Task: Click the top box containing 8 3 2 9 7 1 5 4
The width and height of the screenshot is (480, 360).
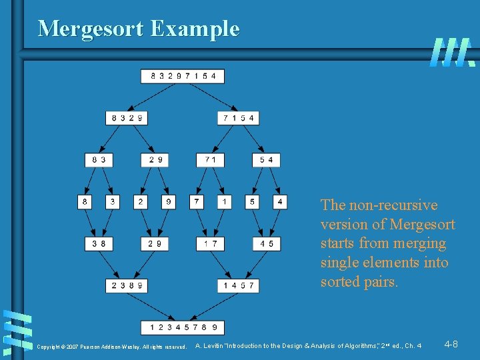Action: coord(183,76)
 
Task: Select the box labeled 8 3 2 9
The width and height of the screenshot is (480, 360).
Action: coord(127,118)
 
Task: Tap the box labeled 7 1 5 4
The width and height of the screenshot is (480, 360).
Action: coord(239,118)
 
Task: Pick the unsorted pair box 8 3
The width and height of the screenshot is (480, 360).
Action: coord(99,160)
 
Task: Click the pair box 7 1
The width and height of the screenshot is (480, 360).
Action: coord(211,160)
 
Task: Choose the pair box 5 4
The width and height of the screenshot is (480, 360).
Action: coord(267,160)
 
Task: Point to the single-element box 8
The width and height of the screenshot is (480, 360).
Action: coord(85,201)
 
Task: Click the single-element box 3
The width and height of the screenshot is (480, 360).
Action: coord(113,201)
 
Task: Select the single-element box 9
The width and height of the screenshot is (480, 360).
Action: coord(169,201)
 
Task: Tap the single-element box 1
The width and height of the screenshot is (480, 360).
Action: coord(225,201)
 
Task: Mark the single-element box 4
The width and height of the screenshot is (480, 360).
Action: coord(281,201)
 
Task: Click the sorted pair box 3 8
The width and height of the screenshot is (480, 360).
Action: coord(99,244)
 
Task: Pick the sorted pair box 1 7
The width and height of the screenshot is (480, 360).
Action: coord(211,244)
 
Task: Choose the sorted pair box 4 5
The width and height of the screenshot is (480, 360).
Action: coord(267,244)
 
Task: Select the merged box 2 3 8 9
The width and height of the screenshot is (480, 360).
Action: coord(127,285)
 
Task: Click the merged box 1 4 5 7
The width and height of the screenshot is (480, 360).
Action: coord(239,285)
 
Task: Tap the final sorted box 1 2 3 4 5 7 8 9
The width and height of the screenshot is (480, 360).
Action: coord(183,327)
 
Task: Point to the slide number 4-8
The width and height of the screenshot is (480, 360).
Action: coord(451,344)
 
